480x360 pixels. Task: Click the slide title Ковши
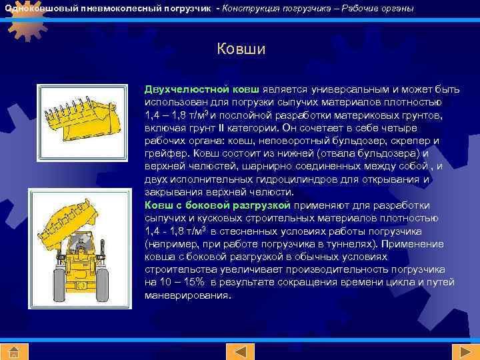(x=241, y=49)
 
